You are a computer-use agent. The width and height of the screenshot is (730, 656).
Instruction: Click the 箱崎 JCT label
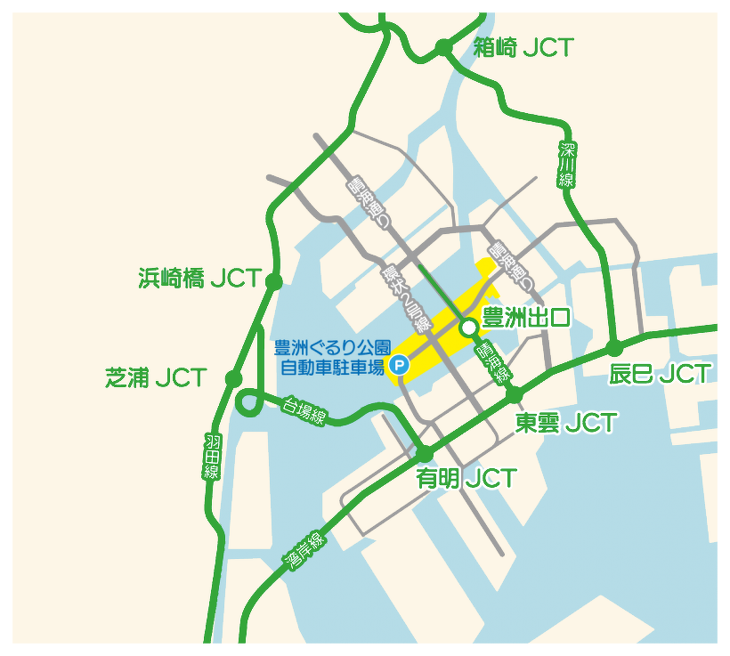(523, 48)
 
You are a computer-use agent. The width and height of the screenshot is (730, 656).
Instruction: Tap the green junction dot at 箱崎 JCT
(443, 47)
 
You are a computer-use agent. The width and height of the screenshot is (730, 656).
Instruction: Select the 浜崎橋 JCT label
(200, 279)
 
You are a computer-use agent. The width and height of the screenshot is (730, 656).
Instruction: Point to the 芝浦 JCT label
(156, 377)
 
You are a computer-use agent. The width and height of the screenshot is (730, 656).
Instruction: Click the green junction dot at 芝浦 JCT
(233, 378)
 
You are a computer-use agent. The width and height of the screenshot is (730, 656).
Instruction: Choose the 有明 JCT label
(466, 479)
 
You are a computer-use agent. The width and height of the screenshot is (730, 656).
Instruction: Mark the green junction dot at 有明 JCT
(425, 454)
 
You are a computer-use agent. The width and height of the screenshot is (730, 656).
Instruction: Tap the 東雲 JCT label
(566, 422)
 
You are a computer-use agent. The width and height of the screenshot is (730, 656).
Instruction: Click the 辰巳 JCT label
(660, 374)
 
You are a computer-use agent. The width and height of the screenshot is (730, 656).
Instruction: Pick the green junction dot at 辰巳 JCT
(613, 348)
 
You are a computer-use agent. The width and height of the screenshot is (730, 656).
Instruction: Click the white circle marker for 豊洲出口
(468, 329)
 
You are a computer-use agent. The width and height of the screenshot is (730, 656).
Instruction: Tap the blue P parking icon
(400, 363)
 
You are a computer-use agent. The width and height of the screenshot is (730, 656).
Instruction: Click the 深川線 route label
(567, 165)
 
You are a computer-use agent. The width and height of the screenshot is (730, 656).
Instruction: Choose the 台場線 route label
(304, 410)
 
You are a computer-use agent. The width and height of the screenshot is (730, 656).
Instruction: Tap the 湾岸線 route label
(306, 549)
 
